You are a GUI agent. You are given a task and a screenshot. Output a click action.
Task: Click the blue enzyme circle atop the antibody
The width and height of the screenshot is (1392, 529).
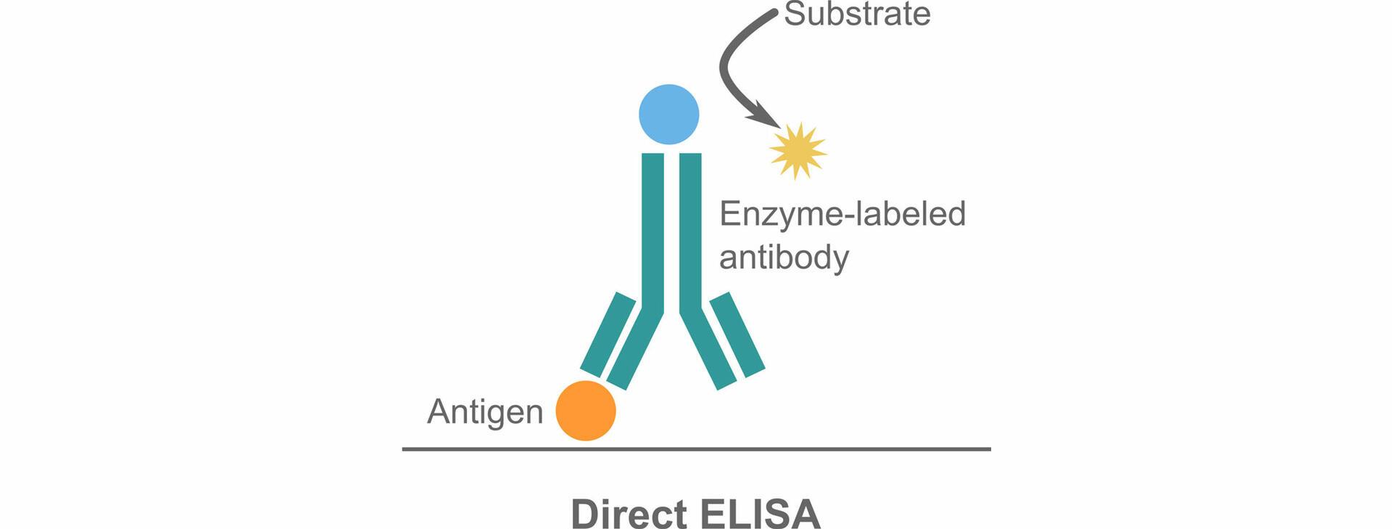click(x=668, y=115)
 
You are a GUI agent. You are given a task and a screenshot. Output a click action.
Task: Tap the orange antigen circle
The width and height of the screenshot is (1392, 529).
click(x=586, y=411)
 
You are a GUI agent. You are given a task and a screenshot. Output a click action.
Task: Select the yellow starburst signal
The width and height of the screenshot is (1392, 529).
click(x=797, y=151)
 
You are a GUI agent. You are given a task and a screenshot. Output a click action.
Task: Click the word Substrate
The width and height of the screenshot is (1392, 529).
click(x=857, y=15)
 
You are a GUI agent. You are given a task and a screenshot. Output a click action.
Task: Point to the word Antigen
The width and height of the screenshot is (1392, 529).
click(x=485, y=412)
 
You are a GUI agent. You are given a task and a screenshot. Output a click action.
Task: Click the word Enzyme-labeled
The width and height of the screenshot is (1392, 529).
click(x=842, y=214)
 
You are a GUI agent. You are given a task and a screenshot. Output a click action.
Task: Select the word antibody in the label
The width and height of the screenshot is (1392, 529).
click(x=784, y=258)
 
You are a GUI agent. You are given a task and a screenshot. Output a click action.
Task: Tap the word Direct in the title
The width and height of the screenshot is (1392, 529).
click(x=629, y=514)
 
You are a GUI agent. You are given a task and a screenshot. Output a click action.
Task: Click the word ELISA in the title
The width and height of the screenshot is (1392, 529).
click(x=761, y=514)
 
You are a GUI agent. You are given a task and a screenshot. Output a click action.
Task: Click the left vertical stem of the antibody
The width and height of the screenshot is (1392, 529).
click(x=652, y=232)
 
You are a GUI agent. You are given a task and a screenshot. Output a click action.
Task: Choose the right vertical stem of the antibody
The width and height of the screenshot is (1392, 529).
click(x=690, y=232)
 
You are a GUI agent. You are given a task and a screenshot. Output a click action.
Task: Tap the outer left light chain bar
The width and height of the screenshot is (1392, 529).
click(x=608, y=334)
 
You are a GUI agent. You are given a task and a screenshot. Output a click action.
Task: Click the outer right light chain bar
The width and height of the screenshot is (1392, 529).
click(x=737, y=334)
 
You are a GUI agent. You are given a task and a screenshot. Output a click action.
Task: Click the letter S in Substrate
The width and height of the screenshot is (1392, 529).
click(x=795, y=15)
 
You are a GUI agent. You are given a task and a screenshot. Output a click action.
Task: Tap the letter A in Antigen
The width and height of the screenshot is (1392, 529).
click(x=439, y=411)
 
